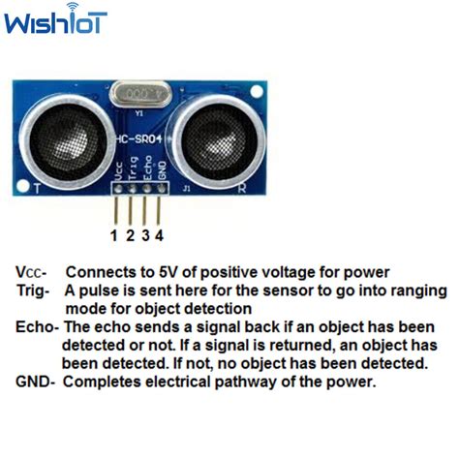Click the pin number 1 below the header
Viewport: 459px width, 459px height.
[x=114, y=234]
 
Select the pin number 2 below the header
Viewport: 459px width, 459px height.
[x=130, y=234]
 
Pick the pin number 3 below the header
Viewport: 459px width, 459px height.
[x=144, y=234]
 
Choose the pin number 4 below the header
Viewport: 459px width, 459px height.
[x=159, y=234]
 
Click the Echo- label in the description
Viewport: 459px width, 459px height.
[x=38, y=327]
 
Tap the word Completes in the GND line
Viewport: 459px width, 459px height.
[x=104, y=382]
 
